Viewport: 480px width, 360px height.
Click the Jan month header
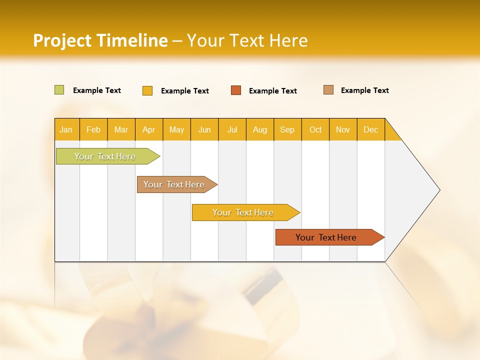[x=66, y=129]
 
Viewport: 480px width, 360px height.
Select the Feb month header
[x=93, y=129]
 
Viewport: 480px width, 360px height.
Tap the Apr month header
[x=148, y=129]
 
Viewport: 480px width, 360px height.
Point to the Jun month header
[x=204, y=129]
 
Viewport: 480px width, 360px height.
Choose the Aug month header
[x=259, y=129]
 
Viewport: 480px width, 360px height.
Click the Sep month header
[x=287, y=129]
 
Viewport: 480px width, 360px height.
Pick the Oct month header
[x=315, y=129]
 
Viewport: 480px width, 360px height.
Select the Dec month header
[x=370, y=129]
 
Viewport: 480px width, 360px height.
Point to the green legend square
[x=59, y=90]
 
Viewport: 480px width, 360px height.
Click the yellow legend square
[x=147, y=90]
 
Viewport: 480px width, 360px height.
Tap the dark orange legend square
[x=236, y=90]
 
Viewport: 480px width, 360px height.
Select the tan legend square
[x=328, y=90]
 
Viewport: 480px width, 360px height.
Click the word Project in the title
[x=62, y=40]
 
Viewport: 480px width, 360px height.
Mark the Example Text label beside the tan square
[x=364, y=90]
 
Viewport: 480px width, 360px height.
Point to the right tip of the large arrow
[x=439, y=190]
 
